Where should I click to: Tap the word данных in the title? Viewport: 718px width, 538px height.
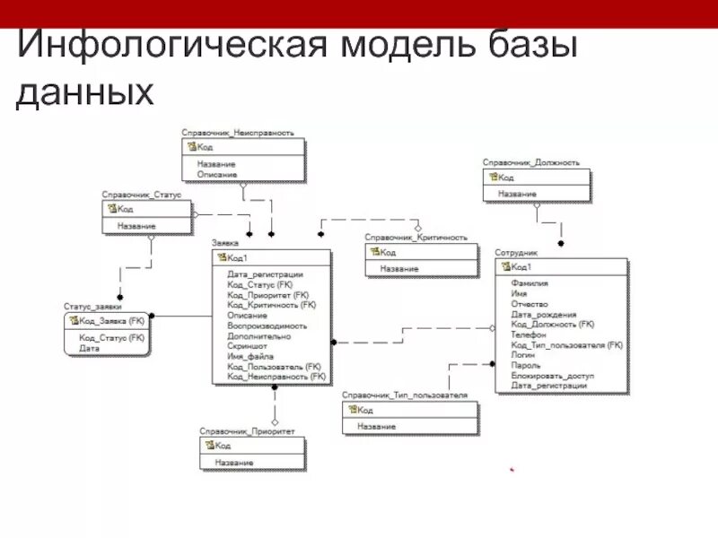(85, 92)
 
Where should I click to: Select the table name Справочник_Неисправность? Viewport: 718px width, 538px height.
(237, 132)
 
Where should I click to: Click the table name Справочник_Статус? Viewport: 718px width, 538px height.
(141, 194)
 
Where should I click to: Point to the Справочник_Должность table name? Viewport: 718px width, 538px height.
(530, 162)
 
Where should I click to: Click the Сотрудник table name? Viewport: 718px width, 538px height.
(516, 253)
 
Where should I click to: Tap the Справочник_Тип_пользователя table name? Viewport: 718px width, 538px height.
(404, 395)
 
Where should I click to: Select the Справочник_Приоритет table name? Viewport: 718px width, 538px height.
(247, 431)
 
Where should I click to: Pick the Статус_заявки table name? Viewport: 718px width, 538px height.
(92, 306)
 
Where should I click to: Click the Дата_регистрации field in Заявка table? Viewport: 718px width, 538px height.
(265, 274)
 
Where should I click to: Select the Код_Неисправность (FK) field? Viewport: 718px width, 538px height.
(276, 377)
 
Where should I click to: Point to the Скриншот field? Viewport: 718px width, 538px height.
(247, 345)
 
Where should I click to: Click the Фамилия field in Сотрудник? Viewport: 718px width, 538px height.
(530, 283)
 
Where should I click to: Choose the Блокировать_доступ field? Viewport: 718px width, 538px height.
(552, 375)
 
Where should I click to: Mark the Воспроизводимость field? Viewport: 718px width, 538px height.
(267, 325)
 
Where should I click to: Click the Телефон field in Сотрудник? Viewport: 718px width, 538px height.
(529, 334)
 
